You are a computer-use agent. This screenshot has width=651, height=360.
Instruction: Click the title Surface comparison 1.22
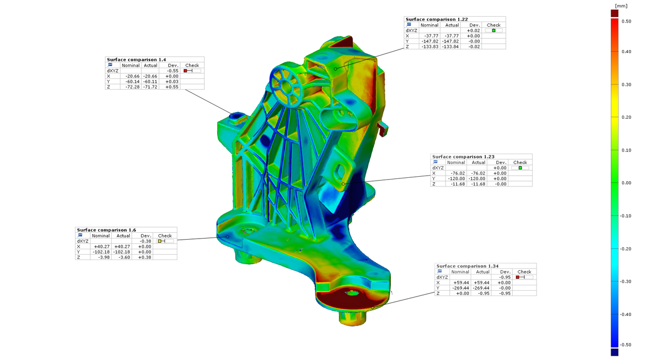tap(437, 19)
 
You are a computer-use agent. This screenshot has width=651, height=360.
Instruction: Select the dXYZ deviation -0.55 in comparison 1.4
tap(173, 71)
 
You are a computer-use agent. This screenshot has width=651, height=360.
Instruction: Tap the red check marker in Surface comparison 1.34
tap(518, 277)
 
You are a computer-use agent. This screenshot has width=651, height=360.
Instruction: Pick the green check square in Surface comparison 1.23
tap(520, 168)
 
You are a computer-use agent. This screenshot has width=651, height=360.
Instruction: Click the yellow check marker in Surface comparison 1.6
tap(160, 241)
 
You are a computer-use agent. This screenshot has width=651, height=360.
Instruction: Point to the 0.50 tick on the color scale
tap(626, 21)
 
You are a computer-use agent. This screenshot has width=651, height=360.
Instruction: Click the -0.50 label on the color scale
tap(625, 345)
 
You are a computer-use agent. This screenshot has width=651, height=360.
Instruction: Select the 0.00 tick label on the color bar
tap(626, 183)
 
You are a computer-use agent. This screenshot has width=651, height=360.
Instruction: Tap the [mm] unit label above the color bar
tap(621, 6)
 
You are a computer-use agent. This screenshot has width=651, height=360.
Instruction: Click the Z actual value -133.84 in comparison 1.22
tap(450, 47)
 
